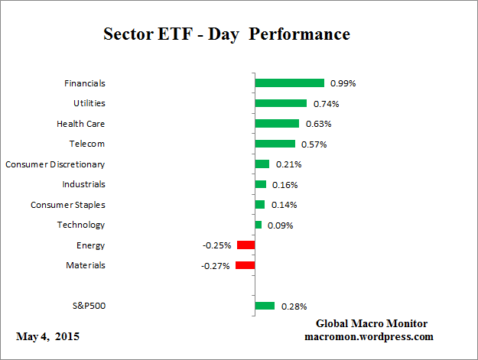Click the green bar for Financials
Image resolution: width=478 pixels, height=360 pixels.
click(x=289, y=83)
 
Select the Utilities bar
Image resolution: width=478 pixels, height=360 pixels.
click(x=281, y=103)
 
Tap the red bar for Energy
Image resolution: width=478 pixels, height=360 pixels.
click(x=246, y=245)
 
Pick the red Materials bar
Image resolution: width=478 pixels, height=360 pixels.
click(x=245, y=265)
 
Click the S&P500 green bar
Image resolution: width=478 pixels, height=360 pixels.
click(x=265, y=306)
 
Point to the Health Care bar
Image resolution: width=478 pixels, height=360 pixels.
click(x=277, y=123)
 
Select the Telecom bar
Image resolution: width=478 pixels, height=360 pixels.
click(x=275, y=144)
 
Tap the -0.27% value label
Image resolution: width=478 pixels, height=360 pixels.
click(x=216, y=266)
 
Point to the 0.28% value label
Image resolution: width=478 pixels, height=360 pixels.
click(x=294, y=306)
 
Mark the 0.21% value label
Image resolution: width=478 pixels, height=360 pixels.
click(x=289, y=164)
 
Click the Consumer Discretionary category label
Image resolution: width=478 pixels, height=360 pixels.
click(x=55, y=164)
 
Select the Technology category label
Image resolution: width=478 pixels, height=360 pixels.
click(x=81, y=225)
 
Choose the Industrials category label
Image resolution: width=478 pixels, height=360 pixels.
click(x=83, y=184)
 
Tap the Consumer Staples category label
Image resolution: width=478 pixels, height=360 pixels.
click(x=68, y=205)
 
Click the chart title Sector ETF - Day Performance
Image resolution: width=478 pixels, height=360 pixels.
click(x=226, y=34)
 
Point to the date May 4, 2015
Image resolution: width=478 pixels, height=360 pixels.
click(x=47, y=336)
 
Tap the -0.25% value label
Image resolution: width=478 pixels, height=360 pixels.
click(x=217, y=245)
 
